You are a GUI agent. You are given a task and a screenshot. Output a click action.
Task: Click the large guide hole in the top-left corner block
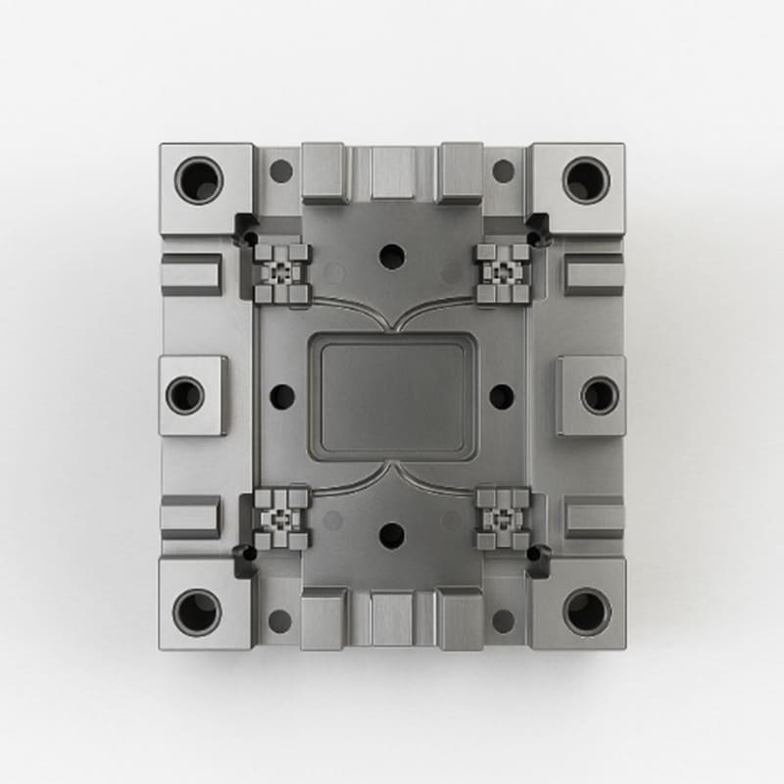199,180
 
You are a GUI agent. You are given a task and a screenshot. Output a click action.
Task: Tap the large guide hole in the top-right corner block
586,180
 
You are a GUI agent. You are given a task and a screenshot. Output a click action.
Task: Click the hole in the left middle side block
185,395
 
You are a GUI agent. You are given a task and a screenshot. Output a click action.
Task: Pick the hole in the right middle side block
599,395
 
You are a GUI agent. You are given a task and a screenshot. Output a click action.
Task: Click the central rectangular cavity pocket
392,397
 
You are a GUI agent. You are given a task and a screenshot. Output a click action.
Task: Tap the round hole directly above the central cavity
392,257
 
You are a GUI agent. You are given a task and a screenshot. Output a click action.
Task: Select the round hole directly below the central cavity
392,535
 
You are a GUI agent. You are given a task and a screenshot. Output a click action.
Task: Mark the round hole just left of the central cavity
282,397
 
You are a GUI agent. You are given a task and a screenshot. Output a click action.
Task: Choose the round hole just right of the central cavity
502,397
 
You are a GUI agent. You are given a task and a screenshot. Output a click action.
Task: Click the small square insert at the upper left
282,271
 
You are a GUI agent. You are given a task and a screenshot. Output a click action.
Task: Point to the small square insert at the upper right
503,271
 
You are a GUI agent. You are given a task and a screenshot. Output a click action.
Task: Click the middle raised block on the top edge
392,173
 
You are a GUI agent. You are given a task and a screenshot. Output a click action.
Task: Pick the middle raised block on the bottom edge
392,619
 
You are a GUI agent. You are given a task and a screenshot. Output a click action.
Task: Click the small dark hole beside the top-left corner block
281,171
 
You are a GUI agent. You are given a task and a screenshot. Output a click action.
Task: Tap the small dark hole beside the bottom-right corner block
503,620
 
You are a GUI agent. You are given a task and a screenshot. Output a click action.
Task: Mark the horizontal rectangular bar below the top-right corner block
594,274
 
